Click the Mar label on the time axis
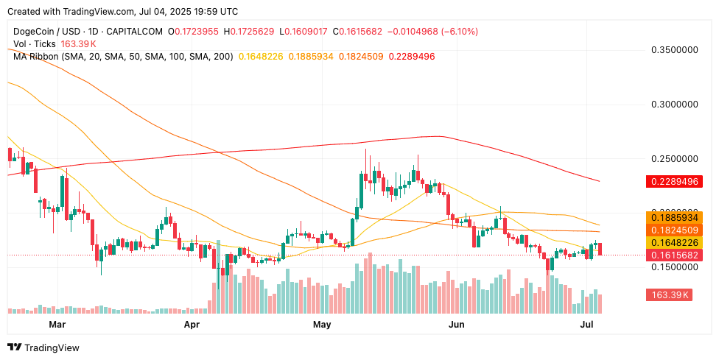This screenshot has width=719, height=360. (57, 324)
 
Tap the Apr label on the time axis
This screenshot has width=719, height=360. (192, 324)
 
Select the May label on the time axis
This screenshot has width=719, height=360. (322, 324)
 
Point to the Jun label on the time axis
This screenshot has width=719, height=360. (457, 324)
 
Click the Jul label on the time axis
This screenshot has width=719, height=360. (588, 324)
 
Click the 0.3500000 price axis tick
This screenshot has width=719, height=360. (675, 50)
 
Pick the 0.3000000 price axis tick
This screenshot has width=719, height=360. (675, 105)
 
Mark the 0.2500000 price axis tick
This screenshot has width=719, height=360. (675, 159)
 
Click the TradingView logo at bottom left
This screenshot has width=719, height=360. (43, 347)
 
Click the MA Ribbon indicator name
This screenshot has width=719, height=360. (38, 56)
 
